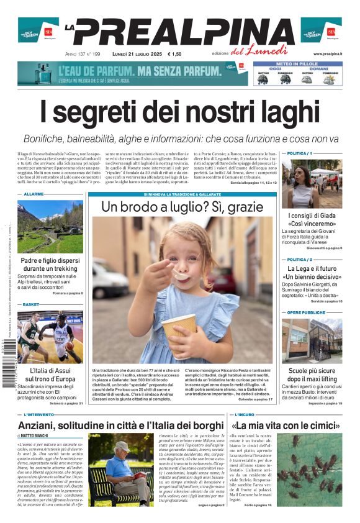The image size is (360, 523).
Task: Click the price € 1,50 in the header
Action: coord(174,54)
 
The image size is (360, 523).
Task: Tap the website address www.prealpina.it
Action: coord(327,54)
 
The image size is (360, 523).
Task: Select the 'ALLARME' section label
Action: coord(34,194)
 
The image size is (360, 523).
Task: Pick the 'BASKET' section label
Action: coord(30,305)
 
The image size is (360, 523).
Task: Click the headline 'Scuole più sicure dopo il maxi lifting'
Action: coord(312,375)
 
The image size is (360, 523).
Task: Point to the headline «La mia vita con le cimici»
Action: coord(286,425)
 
